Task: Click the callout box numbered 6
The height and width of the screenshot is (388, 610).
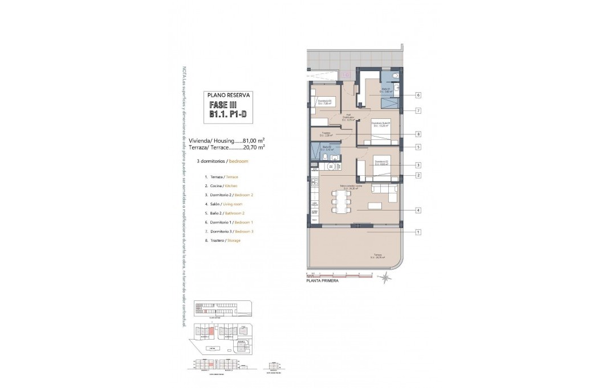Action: (x=418, y=95)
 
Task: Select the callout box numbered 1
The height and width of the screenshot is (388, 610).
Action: (x=418, y=232)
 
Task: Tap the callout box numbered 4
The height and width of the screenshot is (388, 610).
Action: (x=418, y=210)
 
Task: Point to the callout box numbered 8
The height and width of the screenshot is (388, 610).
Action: (x=418, y=134)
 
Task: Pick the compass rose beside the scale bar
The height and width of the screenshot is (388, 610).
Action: (x=386, y=277)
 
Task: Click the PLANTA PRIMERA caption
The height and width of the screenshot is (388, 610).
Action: (x=322, y=280)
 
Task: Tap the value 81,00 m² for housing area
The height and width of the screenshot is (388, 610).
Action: (x=254, y=140)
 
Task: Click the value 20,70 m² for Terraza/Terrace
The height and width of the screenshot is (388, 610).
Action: (x=254, y=147)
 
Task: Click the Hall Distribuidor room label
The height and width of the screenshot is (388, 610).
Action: (x=348, y=118)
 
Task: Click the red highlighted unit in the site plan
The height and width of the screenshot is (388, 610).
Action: (x=212, y=330)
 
